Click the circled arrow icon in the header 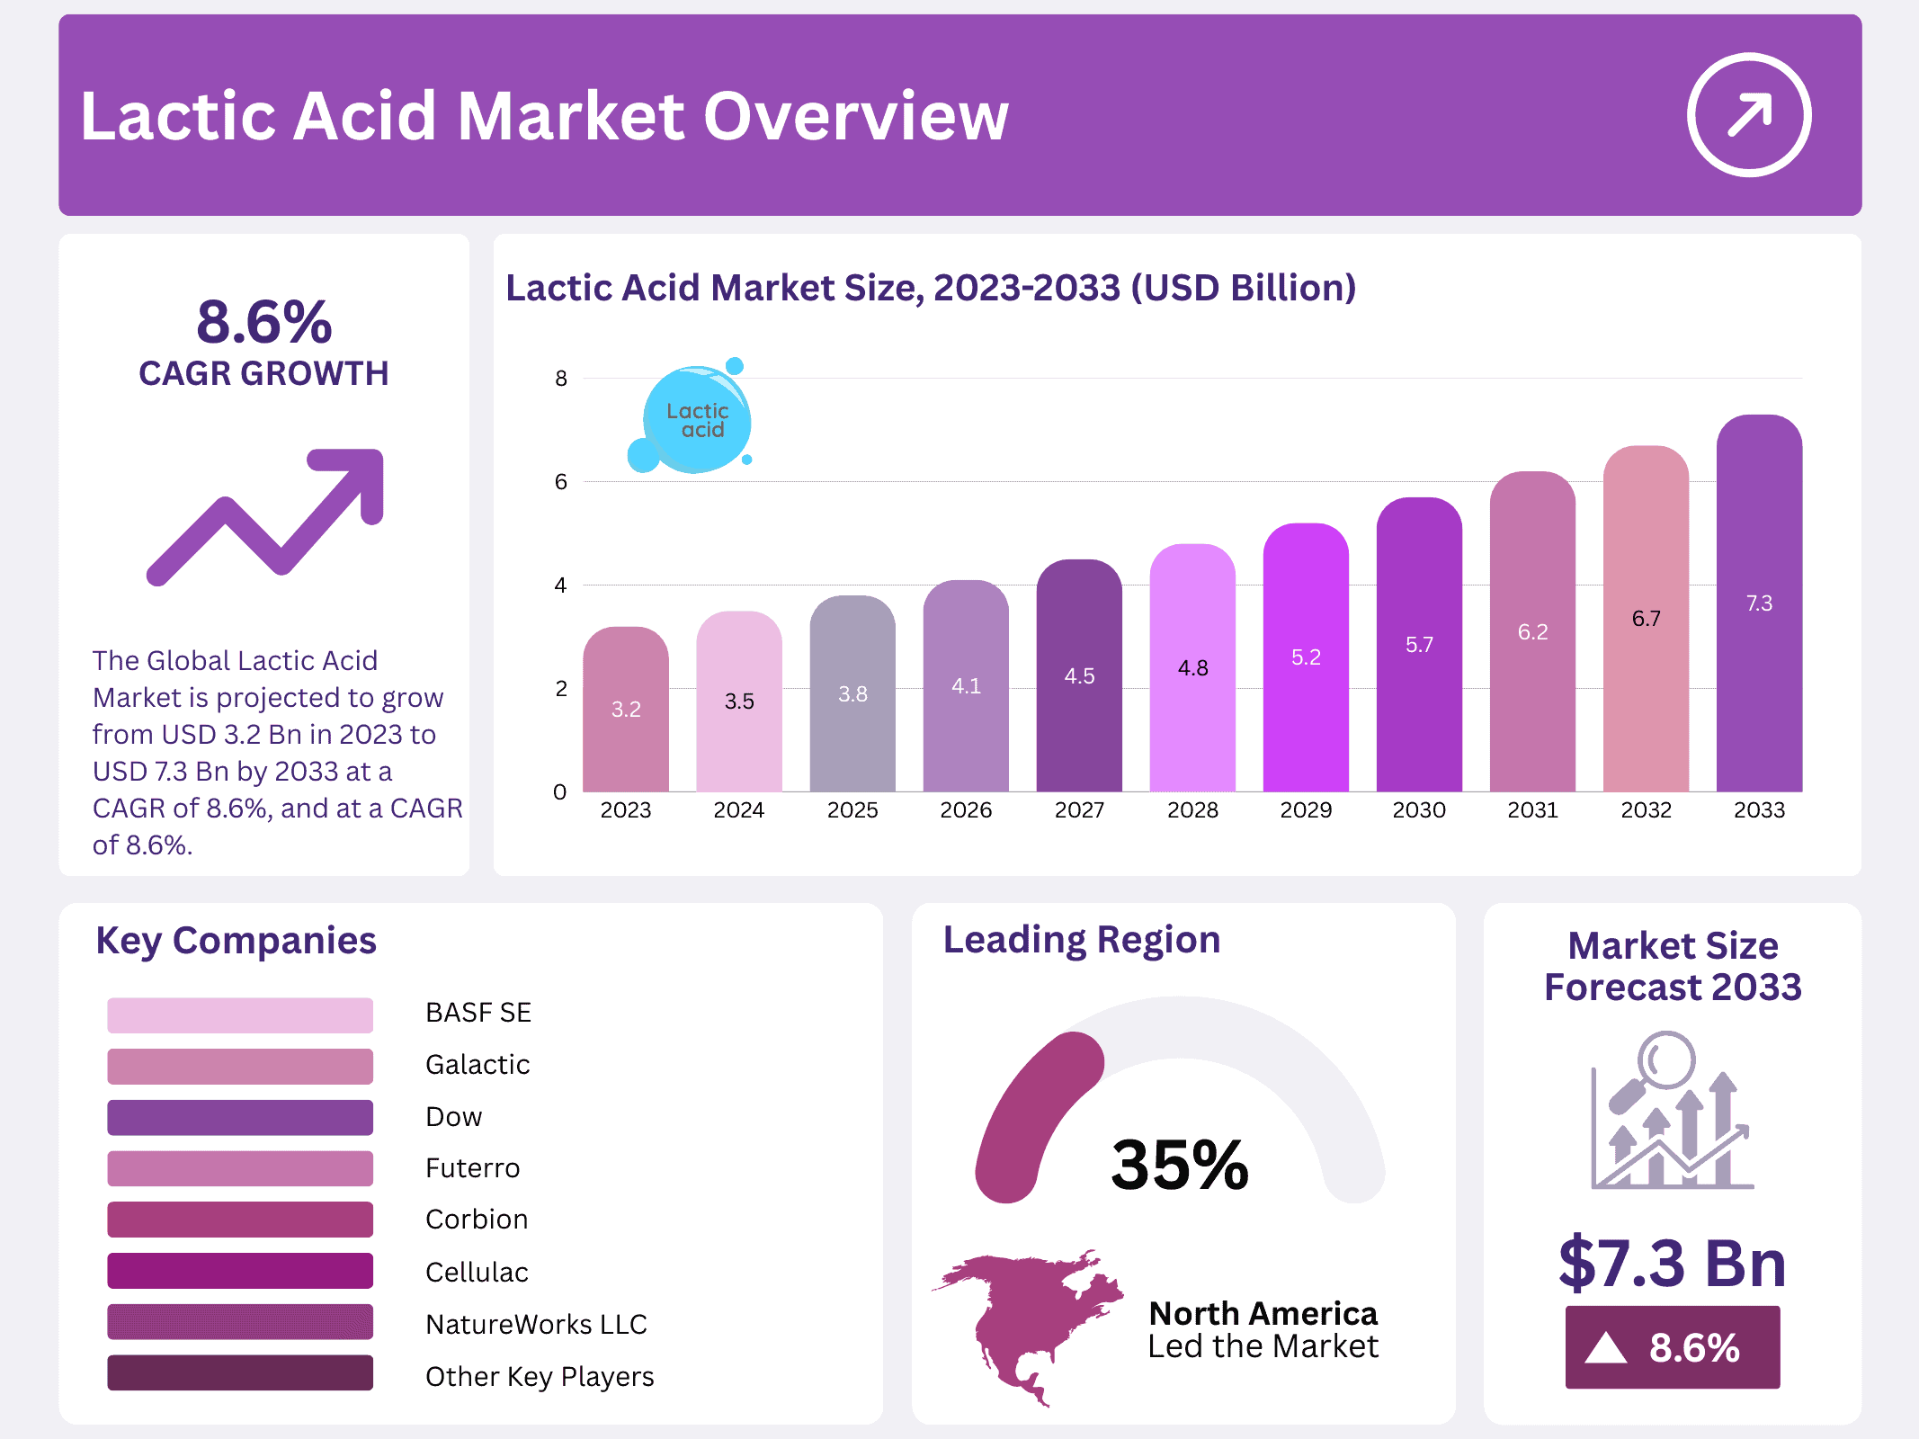pos(1748,115)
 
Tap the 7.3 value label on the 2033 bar pos(1759,603)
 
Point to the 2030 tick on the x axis pos(1419,810)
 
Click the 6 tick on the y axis pos(561,482)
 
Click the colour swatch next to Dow pos(240,1117)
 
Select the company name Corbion pos(477,1220)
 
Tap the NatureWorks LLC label pos(536,1324)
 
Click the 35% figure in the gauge pos(1180,1165)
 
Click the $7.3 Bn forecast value pos(1672,1264)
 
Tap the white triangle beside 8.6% pos(1605,1348)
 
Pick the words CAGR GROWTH pos(263,373)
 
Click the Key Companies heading pos(236,941)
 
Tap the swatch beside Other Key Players pos(240,1373)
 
